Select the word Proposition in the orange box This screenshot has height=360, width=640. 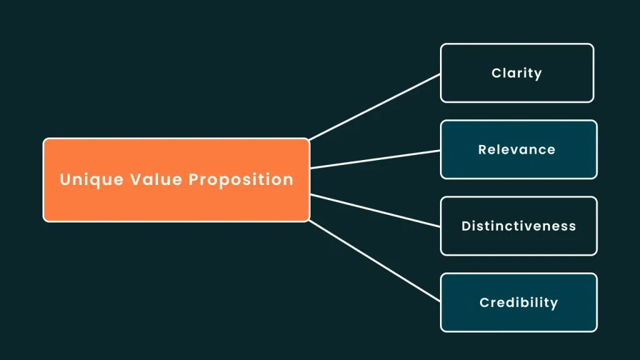click(241, 180)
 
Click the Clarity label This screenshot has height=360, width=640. click(517, 73)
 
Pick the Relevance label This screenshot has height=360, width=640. click(517, 150)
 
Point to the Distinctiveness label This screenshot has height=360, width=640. click(519, 226)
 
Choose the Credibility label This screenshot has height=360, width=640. click(519, 303)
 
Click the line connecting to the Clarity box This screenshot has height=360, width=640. click(375, 107)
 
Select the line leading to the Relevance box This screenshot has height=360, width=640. click(375, 159)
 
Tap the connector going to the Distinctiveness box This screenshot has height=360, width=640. click(375, 210)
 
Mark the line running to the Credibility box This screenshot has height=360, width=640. click(375, 261)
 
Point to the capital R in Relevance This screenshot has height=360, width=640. click(482, 150)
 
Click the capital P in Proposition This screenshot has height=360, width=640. click(194, 180)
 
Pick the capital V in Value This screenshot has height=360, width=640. click(136, 180)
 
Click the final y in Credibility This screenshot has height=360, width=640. click(554, 304)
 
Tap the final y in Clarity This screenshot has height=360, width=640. click(538, 74)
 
